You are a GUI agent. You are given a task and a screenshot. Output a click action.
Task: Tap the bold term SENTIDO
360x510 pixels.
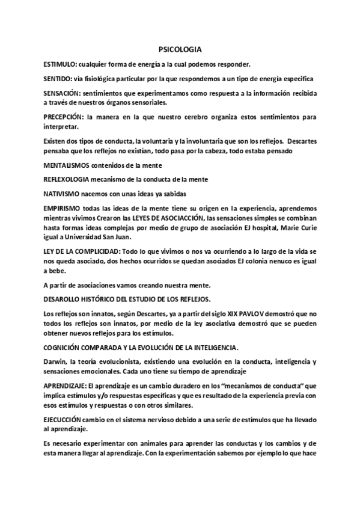coord(58,79)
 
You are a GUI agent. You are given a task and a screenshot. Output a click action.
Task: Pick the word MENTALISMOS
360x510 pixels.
coord(67,164)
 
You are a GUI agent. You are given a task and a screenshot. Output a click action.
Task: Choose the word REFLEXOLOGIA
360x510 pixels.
coord(69,179)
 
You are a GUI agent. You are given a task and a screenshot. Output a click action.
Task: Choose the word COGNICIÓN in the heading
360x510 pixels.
coord(64,347)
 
